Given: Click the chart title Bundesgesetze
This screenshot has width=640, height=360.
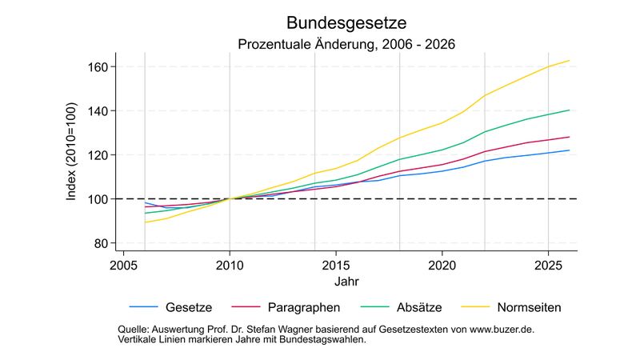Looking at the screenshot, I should click(x=346, y=22).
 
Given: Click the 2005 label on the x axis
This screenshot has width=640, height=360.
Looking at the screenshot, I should click(x=123, y=265).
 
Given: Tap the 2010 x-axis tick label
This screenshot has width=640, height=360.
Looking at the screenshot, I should click(x=230, y=265).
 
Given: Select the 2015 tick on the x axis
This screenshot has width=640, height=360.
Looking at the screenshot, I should click(x=336, y=265).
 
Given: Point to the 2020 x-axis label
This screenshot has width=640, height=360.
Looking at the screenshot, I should click(x=442, y=265).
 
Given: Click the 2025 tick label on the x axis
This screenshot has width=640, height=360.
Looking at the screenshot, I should click(x=548, y=265).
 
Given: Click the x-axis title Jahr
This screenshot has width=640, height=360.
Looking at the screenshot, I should click(x=346, y=282).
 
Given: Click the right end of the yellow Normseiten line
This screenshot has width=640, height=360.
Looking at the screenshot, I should click(x=569, y=61).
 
